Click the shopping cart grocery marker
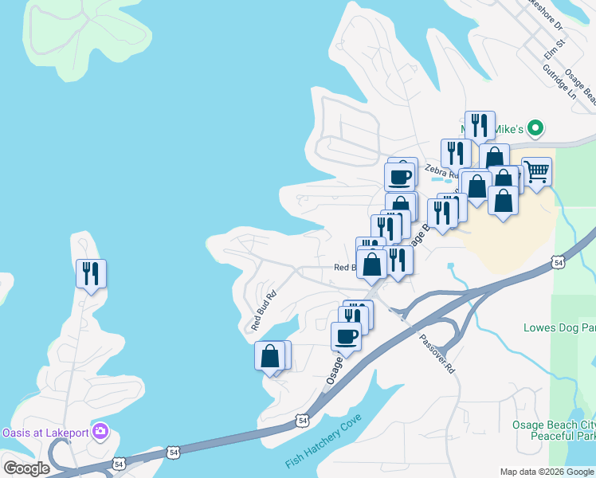click(537, 171)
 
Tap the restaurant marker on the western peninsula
click(91, 274)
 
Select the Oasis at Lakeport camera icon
click(100, 433)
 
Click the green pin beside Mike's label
click(536, 128)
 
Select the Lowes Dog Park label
click(559, 327)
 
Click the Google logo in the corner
click(26, 468)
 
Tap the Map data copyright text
click(547, 472)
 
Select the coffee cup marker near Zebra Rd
click(400, 176)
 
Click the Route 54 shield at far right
click(559, 261)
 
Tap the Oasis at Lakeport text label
click(44, 433)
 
